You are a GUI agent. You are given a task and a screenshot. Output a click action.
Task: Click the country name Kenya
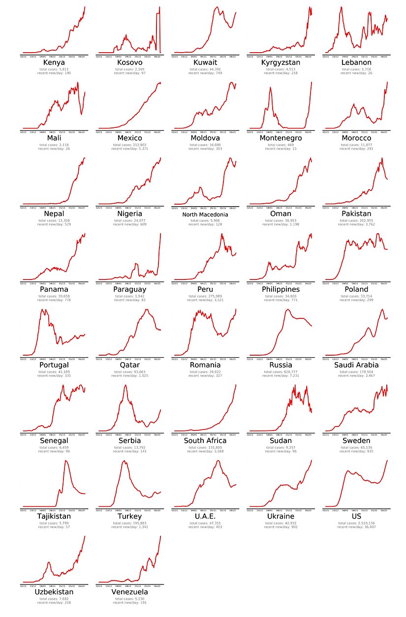pyautogui.click(x=54, y=63)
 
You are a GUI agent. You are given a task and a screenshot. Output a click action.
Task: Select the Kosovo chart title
pyautogui.click(x=130, y=63)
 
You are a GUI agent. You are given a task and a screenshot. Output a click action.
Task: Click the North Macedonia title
pyautogui.click(x=205, y=215)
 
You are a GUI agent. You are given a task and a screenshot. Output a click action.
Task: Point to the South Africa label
pyautogui.click(x=205, y=441)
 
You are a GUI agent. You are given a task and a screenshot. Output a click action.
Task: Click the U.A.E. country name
pyautogui.click(x=205, y=517)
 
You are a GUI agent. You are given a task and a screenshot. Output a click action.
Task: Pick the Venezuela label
pyautogui.click(x=130, y=592)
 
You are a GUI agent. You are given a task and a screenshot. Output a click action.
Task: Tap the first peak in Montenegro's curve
pyautogui.click(x=270, y=88)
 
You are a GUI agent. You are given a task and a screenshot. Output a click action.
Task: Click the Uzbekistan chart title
pyautogui.click(x=54, y=592)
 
